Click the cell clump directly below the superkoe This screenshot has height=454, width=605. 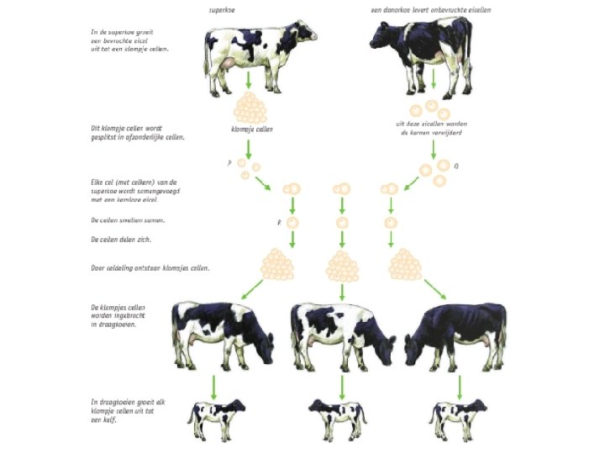click(x=249, y=108)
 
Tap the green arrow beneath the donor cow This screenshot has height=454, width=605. click(x=433, y=81)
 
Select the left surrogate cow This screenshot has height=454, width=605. click(x=223, y=333)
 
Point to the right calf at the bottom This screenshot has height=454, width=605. click(x=458, y=418)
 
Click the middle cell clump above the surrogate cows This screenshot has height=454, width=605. click(x=342, y=266)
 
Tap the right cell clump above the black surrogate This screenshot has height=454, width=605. click(x=406, y=265)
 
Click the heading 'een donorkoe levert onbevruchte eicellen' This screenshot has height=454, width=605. click(x=431, y=9)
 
